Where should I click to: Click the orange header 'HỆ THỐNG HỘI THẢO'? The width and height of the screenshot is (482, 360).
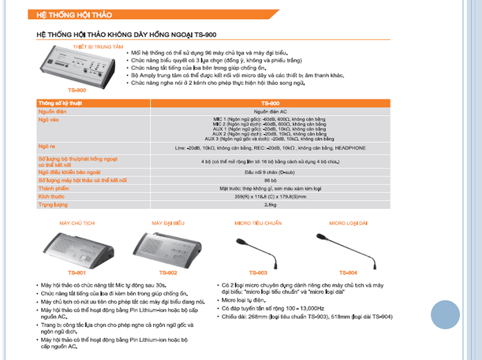point(74,15)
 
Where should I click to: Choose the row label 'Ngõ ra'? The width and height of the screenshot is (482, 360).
point(47,147)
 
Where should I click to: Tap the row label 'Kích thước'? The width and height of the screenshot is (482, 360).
point(51,196)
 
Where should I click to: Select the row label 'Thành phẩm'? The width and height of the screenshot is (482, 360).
point(54,188)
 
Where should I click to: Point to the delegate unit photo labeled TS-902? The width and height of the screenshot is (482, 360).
point(163,249)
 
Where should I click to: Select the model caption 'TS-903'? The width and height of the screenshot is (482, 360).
point(258,272)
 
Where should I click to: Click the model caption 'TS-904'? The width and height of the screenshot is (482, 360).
point(349,272)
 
